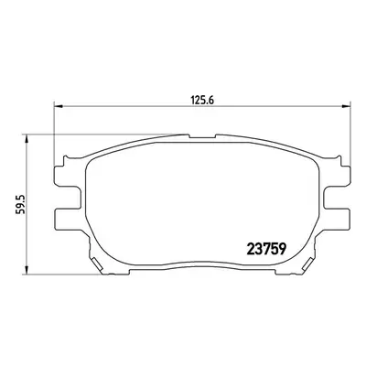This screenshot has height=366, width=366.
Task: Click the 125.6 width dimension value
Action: pyautogui.click(x=203, y=100)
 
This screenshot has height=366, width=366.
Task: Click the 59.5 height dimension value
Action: pyautogui.click(x=19, y=205)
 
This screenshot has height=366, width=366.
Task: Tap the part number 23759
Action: pyautogui.click(x=266, y=249)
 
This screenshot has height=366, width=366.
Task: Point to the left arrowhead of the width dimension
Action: pyautogui.click(x=58, y=106)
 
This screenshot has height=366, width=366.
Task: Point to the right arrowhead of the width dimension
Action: pyautogui.click(x=347, y=106)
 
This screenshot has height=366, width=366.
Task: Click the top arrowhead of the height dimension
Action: pyautogui.click(x=27, y=138)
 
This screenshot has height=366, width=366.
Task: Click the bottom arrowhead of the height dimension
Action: pyautogui.click(x=27, y=270)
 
